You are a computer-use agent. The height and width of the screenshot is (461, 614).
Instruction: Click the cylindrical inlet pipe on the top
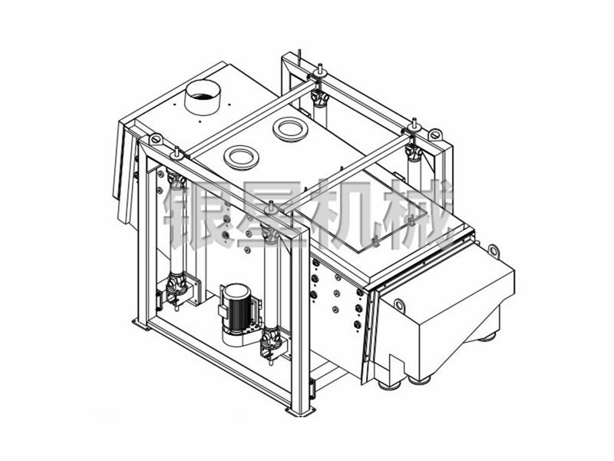pos(203,98)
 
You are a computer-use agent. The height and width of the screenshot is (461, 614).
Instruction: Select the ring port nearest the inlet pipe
pos(290,129)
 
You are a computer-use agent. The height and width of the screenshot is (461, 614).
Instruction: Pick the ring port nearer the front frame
pos(241,158)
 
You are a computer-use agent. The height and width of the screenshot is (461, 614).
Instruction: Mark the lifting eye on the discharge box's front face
pos(399,304)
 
